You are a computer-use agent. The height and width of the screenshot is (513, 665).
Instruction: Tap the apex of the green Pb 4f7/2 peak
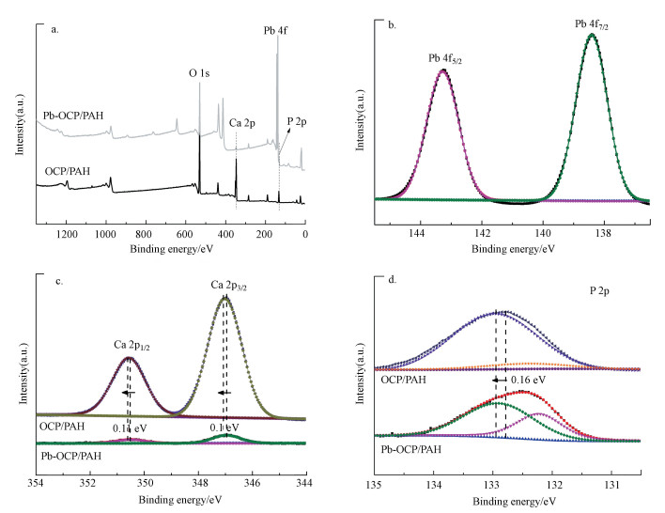pyautogui.click(x=592, y=35)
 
